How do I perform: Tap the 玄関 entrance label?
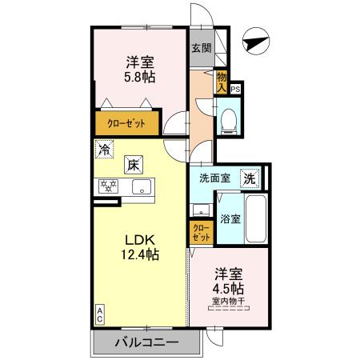pos(199,47)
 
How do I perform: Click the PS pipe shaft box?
pos(235,90)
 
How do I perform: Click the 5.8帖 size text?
pos(139,78)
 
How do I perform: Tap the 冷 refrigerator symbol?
pos(103,149)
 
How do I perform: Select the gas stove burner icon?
pos(107,186)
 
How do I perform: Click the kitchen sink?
pos(142,188)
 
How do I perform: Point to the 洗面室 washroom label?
pos(214,178)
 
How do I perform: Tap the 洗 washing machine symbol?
pos(250,178)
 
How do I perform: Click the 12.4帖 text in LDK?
pos(139,256)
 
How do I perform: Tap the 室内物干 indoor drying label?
pos(229,302)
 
